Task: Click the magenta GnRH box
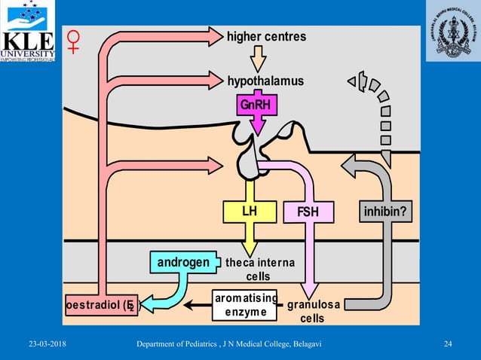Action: [x=255, y=105]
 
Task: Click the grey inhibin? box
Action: [x=386, y=212]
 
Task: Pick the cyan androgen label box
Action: [x=182, y=262]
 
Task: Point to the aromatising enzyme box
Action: [x=247, y=305]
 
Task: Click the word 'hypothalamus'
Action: [x=265, y=81]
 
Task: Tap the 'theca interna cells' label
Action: [x=259, y=269]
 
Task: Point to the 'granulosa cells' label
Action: [x=313, y=312]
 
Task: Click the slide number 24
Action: [x=448, y=345]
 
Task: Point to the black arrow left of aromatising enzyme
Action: [x=199, y=305]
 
